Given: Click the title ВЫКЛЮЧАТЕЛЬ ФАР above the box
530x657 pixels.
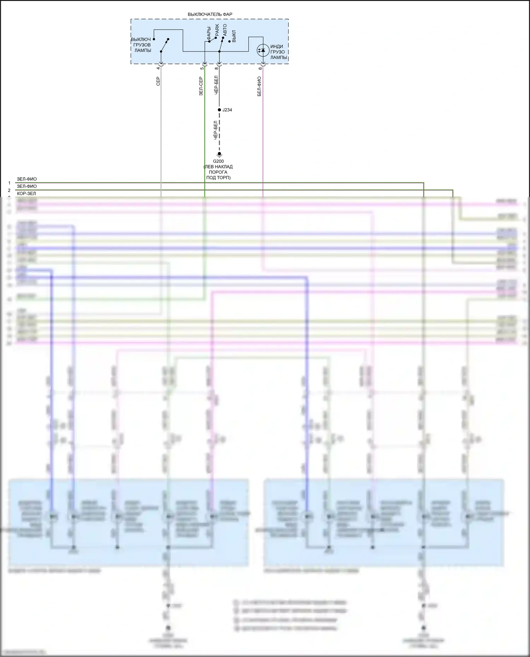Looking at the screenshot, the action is click(210, 14).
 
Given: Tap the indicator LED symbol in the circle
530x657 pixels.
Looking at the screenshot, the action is click(263, 50).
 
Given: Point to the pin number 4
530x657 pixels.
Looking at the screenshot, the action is click(158, 68).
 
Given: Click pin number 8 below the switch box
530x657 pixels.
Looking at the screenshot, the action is click(216, 68).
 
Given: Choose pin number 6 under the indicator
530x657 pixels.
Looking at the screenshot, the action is click(260, 68).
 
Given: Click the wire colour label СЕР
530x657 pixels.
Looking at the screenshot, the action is click(158, 81).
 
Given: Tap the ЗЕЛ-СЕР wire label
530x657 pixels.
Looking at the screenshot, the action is click(201, 86).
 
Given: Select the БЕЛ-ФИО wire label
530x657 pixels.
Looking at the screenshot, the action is click(259, 86).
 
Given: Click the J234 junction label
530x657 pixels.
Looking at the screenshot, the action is click(227, 110).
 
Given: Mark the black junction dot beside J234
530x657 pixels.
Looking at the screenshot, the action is click(219, 110).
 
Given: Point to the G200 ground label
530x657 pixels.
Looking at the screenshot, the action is click(218, 161).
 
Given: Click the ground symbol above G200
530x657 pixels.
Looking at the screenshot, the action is click(219, 154).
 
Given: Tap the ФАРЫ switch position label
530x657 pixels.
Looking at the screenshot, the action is click(209, 33).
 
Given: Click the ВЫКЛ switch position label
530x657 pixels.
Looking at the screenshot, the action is click(234, 36).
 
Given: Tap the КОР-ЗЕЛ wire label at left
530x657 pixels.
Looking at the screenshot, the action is click(26, 193).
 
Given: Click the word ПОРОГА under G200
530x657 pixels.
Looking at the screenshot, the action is click(218, 172).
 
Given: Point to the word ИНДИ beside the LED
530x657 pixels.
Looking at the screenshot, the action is click(277, 47).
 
